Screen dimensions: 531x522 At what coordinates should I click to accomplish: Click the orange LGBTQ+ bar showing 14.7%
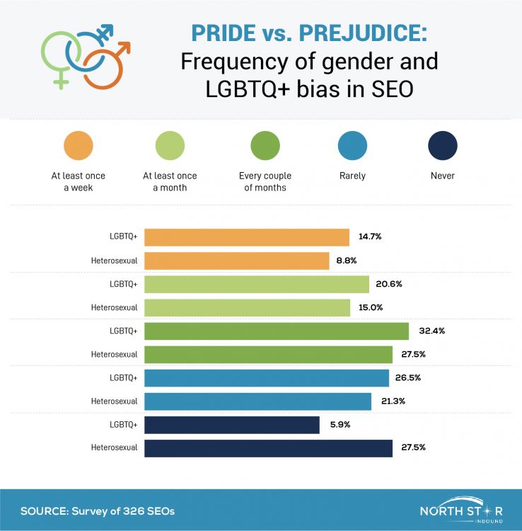point(247,237)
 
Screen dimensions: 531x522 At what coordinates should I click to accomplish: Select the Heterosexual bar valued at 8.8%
point(237,261)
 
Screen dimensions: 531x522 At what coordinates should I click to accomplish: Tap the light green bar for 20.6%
point(257,284)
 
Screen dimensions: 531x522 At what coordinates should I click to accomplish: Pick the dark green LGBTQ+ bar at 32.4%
point(277,331)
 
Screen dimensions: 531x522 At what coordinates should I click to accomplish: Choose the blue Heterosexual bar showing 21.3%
point(257,401)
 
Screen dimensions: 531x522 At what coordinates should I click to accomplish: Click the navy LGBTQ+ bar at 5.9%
point(232,424)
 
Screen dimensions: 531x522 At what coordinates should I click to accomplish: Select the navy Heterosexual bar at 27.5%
point(268,447)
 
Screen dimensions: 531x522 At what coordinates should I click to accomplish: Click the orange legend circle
point(79,147)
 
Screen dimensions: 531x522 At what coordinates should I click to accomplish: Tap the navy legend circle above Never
point(442,147)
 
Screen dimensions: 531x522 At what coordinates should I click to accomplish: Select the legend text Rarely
point(352,176)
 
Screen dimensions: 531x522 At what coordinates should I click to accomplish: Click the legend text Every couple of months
point(265,181)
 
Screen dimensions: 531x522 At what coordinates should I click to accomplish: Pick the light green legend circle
point(170,147)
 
